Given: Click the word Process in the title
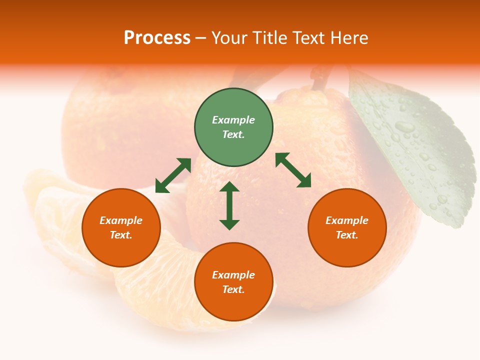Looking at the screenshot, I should tap(157, 38).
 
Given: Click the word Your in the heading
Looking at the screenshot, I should tap(228, 38).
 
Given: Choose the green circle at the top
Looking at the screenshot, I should tap(233, 127).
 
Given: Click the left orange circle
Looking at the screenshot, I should tap(121, 227).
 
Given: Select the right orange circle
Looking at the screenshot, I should tap(347, 227).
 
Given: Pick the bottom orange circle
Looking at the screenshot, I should tap(233, 282).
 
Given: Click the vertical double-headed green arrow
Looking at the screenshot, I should tap(229, 205).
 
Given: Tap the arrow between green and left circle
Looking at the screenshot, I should tap(173, 175).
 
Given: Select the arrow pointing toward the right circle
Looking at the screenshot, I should tap(293, 170).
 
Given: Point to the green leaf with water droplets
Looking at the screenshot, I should tap(415, 145).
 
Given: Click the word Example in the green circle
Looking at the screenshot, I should tap(233, 120).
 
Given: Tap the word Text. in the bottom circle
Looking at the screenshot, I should tap(233, 289).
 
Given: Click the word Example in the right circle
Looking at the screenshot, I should tap(347, 220).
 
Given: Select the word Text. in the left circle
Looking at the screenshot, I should tap(121, 235).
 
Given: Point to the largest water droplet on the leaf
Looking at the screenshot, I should tap(404, 127).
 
